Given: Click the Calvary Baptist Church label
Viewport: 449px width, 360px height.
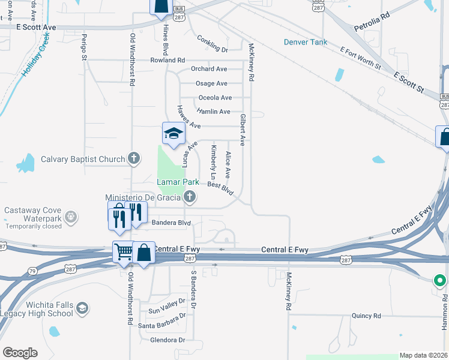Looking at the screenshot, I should [x=74, y=159].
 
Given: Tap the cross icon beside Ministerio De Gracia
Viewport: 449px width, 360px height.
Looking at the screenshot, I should [x=190, y=197].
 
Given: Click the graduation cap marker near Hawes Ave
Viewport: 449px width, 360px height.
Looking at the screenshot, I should [x=173, y=134].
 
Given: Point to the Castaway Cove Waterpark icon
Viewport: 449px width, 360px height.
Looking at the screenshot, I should [x=70, y=216].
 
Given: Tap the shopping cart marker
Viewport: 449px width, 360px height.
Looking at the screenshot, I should [x=124, y=252].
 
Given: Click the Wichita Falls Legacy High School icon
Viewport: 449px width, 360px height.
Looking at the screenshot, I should [x=82, y=308].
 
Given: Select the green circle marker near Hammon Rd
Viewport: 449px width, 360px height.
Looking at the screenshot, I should [x=439, y=280].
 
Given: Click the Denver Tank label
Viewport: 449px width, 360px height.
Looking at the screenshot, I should [x=306, y=42].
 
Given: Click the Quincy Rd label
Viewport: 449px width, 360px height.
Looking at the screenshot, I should [x=366, y=316].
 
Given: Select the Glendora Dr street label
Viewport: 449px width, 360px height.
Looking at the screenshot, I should [x=160, y=340].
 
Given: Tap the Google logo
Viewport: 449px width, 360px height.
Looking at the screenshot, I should [x=20, y=353].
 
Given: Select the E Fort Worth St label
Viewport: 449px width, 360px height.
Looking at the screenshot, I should [x=360, y=59].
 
